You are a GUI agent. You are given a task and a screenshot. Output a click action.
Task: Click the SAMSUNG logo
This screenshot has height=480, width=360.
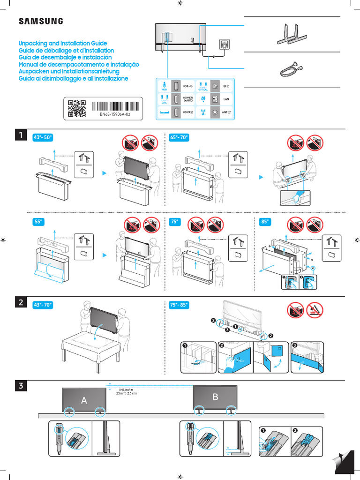[x=40, y=21]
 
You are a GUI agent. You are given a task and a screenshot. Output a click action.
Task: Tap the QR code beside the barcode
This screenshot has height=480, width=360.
[x=77, y=108]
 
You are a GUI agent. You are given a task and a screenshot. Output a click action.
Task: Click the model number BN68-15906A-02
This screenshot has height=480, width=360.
[x=114, y=113]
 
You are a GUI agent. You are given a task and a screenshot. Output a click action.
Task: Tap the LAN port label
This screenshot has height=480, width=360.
[x=226, y=99]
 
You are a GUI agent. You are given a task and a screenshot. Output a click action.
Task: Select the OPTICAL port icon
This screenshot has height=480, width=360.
[x=202, y=87]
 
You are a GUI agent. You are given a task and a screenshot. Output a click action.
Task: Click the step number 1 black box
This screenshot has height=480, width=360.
[x=21, y=135]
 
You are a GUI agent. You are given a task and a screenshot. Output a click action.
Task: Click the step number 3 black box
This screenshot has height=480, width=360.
[x=21, y=386]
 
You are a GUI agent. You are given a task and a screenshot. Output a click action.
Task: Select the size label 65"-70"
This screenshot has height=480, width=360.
[x=178, y=137]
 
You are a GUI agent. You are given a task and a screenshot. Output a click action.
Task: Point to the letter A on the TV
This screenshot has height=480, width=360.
[x=84, y=400]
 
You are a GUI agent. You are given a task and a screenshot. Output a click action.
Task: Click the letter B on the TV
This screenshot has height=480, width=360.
[x=216, y=397]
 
